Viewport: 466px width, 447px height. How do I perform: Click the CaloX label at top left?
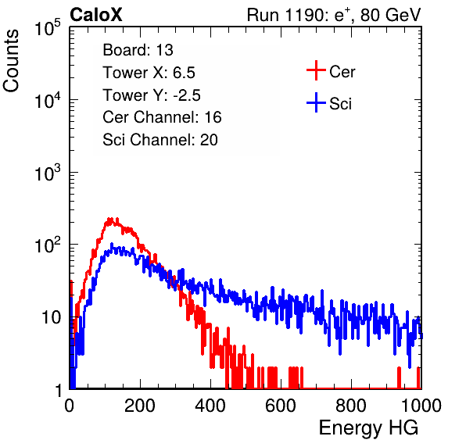point(96,15)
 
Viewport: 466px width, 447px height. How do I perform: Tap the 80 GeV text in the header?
point(390,15)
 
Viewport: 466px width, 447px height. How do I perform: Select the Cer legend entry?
point(342,72)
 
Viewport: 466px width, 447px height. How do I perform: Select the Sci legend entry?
point(341,104)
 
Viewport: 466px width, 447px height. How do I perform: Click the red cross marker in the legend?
point(316,70)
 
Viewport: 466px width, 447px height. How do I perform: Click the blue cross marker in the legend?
point(316,102)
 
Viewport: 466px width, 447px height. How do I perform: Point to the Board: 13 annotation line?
point(138,50)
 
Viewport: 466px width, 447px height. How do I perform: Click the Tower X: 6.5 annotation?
point(149,73)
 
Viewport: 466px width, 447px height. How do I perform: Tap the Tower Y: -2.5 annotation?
point(152,95)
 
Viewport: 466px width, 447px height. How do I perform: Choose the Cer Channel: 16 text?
point(162,117)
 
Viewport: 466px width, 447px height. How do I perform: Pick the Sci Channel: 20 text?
point(160,140)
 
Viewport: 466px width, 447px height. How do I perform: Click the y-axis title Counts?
point(11,61)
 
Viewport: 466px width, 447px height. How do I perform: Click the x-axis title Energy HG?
point(368,428)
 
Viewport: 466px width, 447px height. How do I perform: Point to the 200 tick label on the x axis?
point(140,406)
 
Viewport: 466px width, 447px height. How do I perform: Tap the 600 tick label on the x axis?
point(281,406)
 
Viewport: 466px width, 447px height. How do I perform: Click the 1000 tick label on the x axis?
point(421,406)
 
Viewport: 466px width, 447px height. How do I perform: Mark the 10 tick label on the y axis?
point(52,317)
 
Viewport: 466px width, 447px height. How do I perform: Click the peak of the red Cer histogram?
point(110,219)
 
